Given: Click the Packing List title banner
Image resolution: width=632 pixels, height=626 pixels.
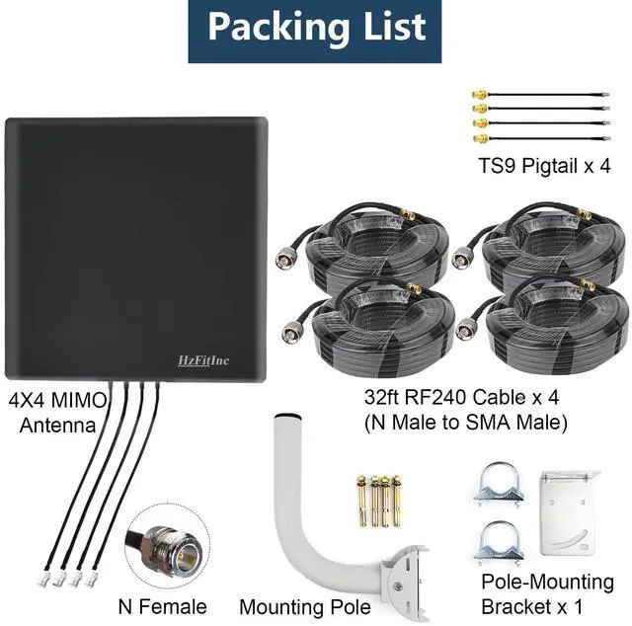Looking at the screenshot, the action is tap(316, 27).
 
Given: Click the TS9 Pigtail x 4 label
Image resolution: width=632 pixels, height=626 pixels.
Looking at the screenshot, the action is tap(539, 165).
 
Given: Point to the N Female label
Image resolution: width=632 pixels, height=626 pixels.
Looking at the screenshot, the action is tap(162, 605).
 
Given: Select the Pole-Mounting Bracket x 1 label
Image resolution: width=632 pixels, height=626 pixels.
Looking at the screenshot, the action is tap(547, 592).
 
